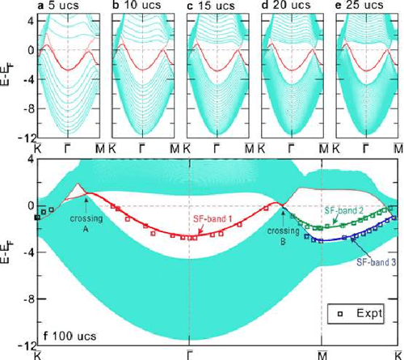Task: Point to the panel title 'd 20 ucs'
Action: pyautogui.click(x=286, y=6)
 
